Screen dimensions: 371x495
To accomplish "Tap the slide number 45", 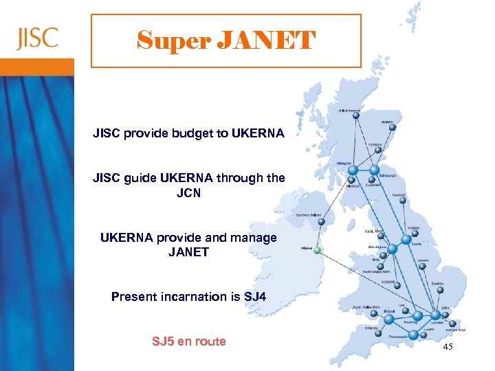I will click(448, 348).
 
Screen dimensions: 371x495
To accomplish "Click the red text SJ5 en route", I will click(188, 341).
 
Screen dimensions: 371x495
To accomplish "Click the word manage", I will click(252, 238).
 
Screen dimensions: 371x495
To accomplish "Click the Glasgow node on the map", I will click(352, 170).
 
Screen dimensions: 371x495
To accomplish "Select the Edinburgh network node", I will click(375, 169).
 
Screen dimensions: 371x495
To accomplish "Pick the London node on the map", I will click(436, 317).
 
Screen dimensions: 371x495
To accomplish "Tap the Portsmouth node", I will click(412, 335).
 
